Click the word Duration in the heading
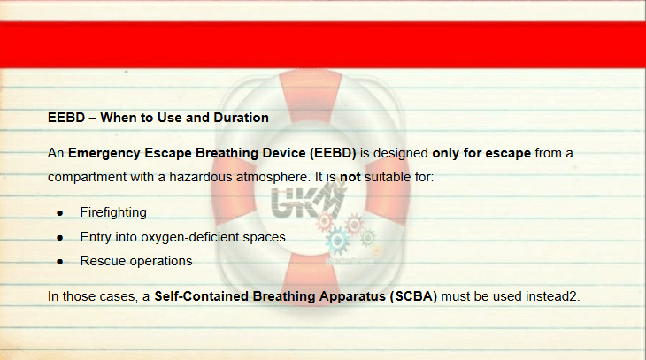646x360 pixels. [x=241, y=118]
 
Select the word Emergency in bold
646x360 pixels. [x=104, y=154]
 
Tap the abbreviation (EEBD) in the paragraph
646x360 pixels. [x=333, y=153]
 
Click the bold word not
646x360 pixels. [x=350, y=177]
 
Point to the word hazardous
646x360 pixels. [x=201, y=177]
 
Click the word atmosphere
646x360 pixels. [x=273, y=178]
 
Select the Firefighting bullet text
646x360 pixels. [x=113, y=212]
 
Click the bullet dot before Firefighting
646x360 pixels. [x=60, y=213]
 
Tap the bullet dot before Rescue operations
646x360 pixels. [x=60, y=262]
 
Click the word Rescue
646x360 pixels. [x=100, y=261]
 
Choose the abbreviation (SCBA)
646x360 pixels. [x=413, y=296]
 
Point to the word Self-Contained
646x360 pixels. [x=202, y=296]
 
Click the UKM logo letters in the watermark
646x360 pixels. [x=307, y=203]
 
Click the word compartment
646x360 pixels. [x=87, y=178]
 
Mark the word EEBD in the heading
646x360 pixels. [x=66, y=118]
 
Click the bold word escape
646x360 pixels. [x=509, y=154]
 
